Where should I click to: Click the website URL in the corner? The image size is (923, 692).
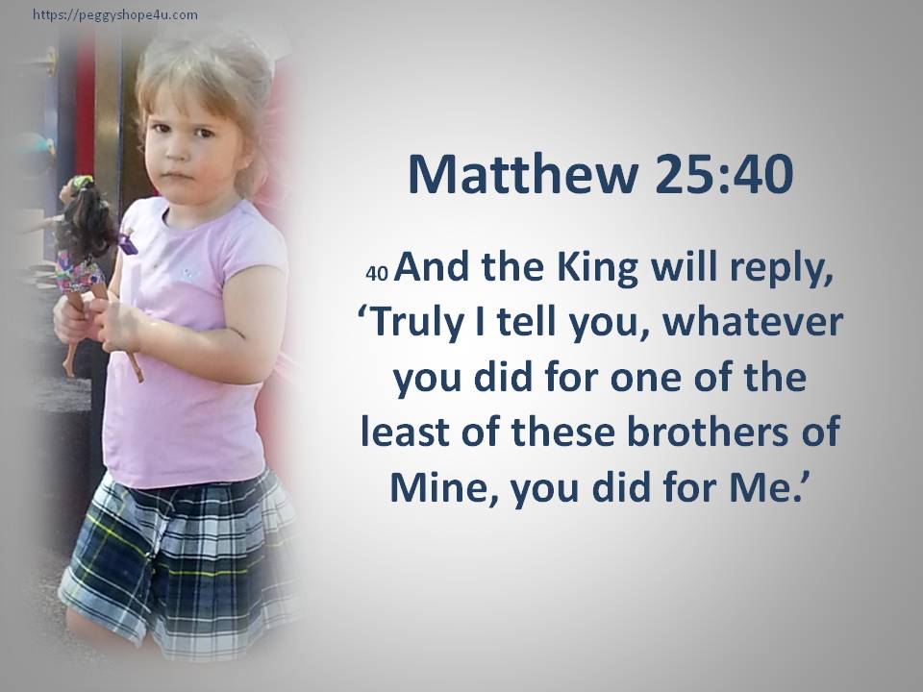[115, 15]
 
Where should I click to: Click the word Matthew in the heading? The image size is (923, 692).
[523, 174]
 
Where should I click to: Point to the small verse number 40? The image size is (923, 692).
[377, 274]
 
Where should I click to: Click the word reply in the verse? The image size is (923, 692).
[782, 271]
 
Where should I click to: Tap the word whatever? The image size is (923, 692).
[753, 323]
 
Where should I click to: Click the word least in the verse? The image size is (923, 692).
[405, 432]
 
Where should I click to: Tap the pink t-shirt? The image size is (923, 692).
[188, 341]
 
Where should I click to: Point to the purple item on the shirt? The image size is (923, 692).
[128, 244]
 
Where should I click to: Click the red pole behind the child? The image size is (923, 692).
[85, 106]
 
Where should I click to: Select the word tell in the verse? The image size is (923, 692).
[526, 323]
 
